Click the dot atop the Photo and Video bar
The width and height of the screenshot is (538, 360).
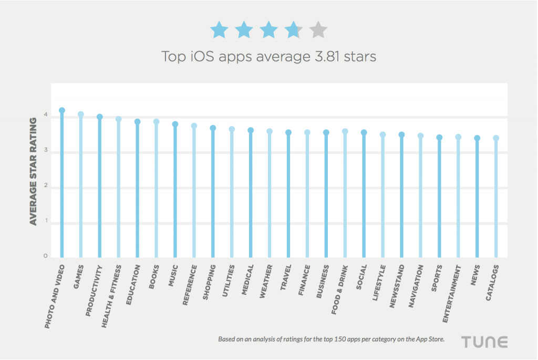tap(62, 110)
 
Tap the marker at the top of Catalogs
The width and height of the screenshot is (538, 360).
tap(496, 138)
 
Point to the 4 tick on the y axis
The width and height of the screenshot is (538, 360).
tap(46, 115)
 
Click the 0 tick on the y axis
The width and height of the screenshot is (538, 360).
tap(46, 256)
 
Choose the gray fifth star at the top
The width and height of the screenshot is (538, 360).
tap(318, 30)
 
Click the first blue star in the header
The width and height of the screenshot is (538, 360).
tap(219, 30)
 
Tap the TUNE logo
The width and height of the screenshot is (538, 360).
tap(484, 342)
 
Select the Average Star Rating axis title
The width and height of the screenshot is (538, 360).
tap(33, 171)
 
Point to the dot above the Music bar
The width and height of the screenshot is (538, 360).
tap(175, 125)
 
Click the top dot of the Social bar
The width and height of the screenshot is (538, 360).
tap(364, 132)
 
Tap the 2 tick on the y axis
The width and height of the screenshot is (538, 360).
tap(46, 186)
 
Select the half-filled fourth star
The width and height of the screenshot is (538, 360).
tap(294, 30)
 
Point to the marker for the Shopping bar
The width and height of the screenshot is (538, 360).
tap(213, 128)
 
